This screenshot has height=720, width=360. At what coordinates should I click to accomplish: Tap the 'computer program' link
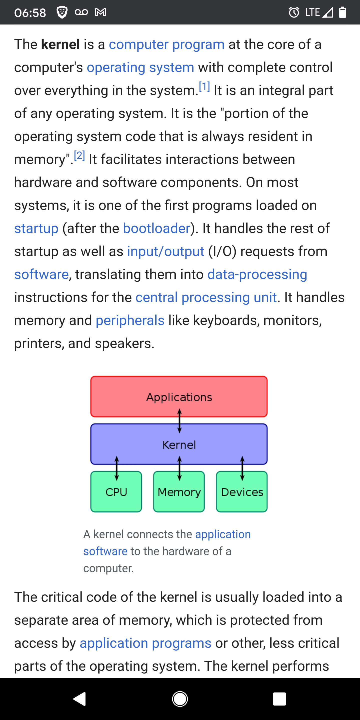click(x=166, y=44)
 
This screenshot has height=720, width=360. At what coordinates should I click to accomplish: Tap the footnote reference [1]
click(x=204, y=87)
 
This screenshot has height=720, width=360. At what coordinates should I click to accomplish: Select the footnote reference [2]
click(x=79, y=155)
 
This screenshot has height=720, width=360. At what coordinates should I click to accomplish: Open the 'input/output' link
click(x=166, y=251)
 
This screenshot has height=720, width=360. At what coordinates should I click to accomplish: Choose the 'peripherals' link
click(x=130, y=320)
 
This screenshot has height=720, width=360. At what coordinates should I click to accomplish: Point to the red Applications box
click(x=179, y=396)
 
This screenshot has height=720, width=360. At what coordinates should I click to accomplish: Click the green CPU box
click(x=116, y=492)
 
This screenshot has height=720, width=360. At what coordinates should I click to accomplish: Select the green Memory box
click(x=179, y=492)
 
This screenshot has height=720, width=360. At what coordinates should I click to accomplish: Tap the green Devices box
click(x=242, y=492)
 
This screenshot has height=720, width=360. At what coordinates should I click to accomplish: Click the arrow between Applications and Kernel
click(x=179, y=421)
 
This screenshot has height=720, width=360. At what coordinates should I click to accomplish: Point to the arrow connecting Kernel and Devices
click(x=242, y=468)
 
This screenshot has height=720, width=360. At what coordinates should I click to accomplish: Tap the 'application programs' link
click(x=145, y=643)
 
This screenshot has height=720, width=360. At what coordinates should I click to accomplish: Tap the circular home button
click(x=180, y=699)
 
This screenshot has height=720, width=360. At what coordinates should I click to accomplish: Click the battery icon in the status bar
click(x=343, y=12)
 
